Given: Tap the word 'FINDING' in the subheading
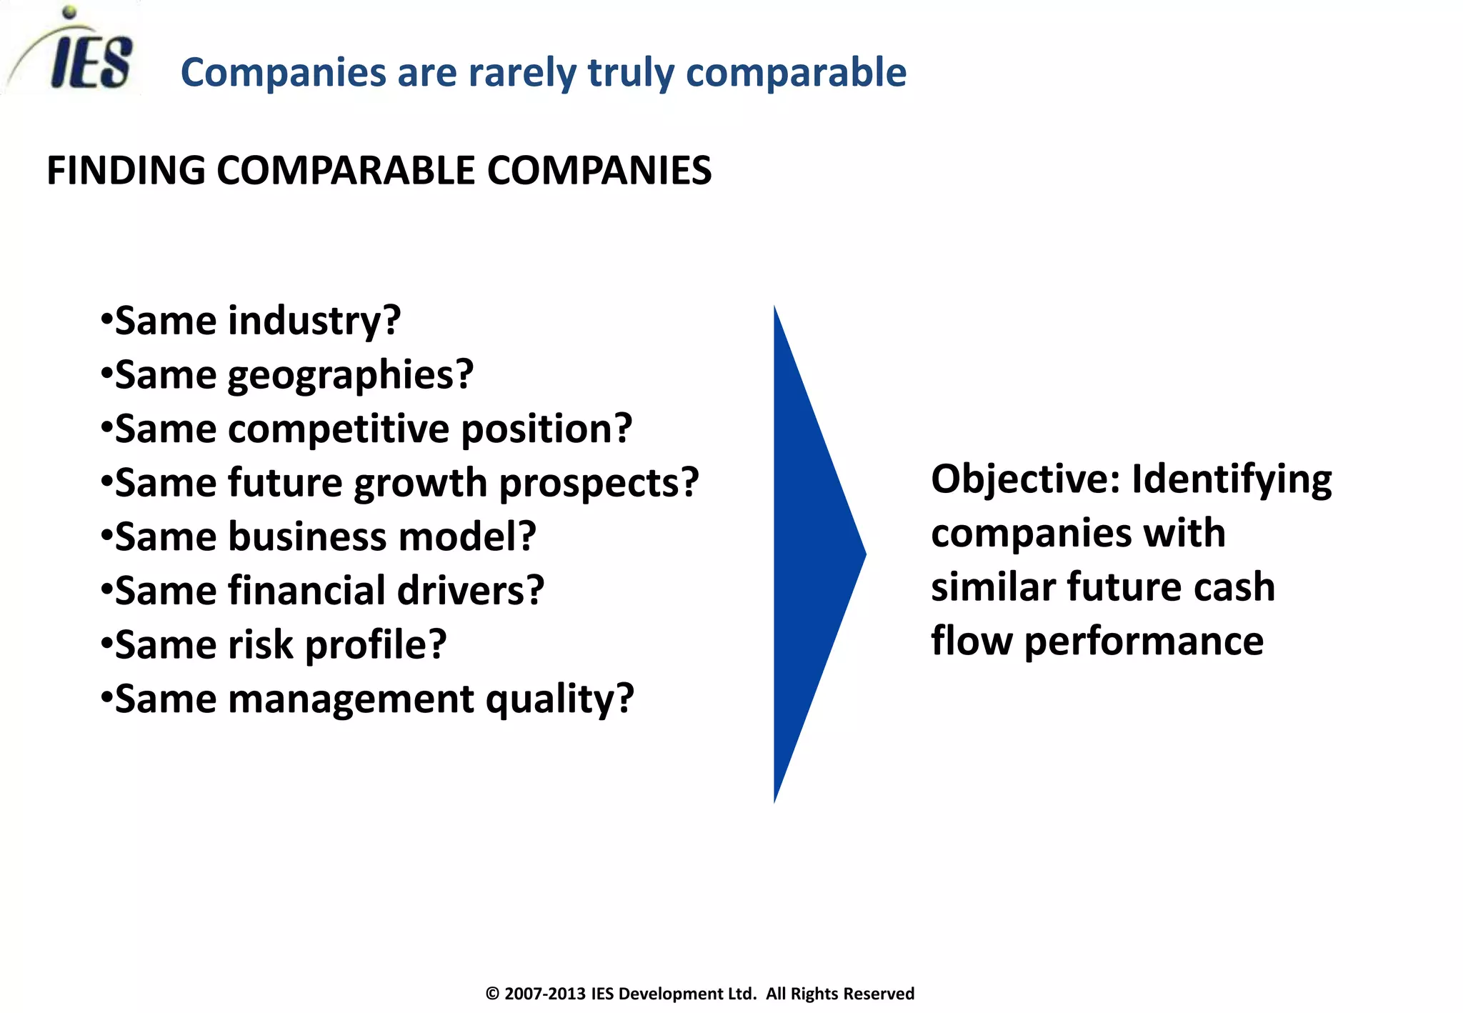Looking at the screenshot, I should coord(126,171).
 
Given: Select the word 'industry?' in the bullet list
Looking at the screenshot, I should coord(314,321).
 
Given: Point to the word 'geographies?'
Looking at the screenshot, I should coord(350,376).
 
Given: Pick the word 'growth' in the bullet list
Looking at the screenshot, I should coord(421,484).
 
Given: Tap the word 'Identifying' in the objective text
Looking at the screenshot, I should coord(1232,480).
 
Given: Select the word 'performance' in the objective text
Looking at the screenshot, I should coord(1144,641).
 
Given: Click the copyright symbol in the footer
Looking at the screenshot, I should coord(492,994).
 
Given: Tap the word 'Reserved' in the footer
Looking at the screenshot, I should coord(881,994).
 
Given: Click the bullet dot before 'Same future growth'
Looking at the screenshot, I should coord(106,481).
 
